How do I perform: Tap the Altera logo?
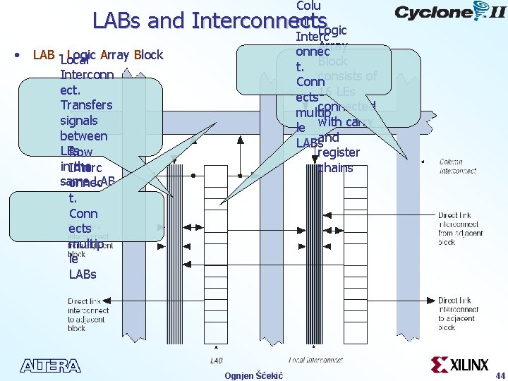[x=50, y=365]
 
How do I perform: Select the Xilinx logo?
[x=459, y=365]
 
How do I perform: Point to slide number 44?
[x=500, y=375]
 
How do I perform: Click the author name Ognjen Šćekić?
[x=253, y=375]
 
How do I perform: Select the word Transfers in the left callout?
[x=86, y=105]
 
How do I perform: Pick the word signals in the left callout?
[x=78, y=121]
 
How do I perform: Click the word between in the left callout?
[x=83, y=136]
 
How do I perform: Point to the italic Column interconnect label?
[x=456, y=166]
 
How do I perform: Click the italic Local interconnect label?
[x=316, y=361]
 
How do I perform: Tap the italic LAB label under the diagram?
[x=217, y=361]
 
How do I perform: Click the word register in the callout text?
[x=339, y=152]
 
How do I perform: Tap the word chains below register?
[x=335, y=168]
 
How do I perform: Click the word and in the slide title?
[x=166, y=21]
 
